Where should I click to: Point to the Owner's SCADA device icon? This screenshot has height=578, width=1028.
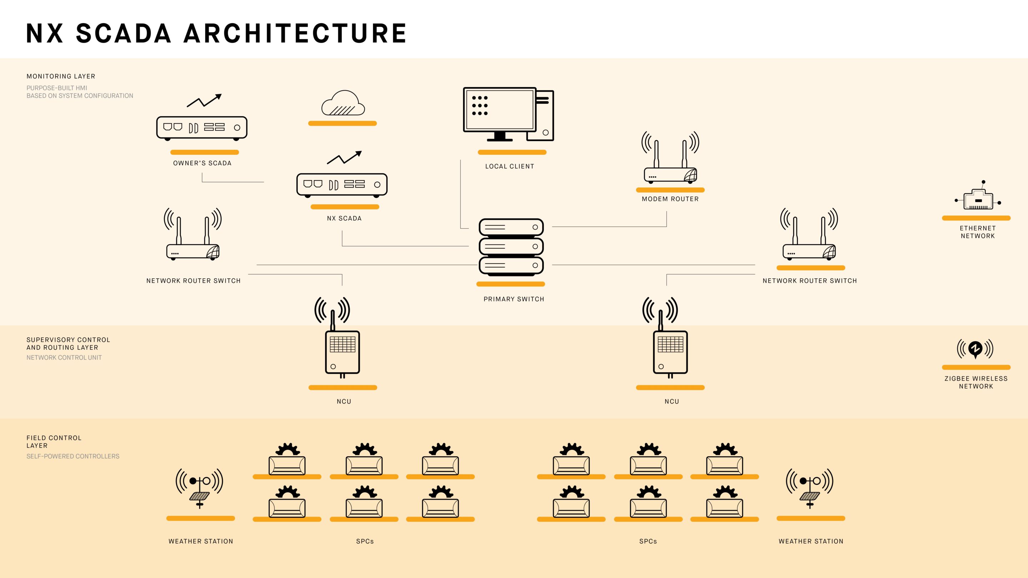(202, 128)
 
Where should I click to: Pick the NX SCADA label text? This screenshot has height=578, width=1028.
(344, 218)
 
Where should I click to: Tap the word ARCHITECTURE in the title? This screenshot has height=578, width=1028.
(295, 33)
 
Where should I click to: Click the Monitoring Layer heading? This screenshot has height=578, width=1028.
(61, 76)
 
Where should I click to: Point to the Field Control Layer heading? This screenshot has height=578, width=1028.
(54, 442)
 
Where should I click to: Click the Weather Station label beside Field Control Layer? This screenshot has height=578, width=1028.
(201, 541)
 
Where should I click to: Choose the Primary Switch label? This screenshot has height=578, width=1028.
(514, 299)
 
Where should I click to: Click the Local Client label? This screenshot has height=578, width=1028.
(510, 166)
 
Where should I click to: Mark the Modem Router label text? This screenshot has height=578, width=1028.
(670, 199)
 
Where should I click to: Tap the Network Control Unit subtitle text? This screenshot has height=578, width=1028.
(64, 358)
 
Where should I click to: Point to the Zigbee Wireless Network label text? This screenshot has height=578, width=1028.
(976, 382)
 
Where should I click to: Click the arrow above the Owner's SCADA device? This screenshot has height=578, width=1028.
(204, 101)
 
